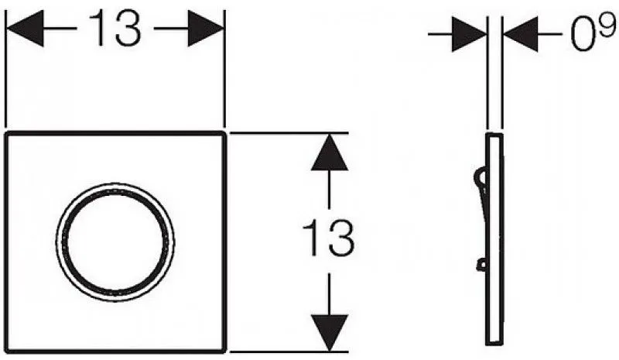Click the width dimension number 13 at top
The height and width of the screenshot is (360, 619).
[115, 28]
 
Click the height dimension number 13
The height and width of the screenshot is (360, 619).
[328, 238]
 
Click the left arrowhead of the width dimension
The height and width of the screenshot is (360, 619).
[25, 29]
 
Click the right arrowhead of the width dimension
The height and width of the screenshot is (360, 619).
[206, 29]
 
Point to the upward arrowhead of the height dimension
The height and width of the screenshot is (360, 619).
[330, 153]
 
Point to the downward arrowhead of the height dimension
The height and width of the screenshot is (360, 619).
[330, 332]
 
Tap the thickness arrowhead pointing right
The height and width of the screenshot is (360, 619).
[470, 34]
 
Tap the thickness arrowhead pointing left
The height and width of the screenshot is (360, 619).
[520, 34]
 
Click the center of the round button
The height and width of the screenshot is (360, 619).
[115, 242]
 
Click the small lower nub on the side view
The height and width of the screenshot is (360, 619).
[482, 265]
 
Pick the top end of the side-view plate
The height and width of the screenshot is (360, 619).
[494, 135]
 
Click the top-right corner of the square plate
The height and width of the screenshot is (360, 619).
[224, 134]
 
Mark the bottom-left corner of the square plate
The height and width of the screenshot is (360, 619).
[7, 350]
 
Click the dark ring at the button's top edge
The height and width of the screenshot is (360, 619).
[115, 191]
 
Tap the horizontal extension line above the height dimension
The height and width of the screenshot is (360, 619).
[289, 133]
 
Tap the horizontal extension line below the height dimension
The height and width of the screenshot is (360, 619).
[289, 351]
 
